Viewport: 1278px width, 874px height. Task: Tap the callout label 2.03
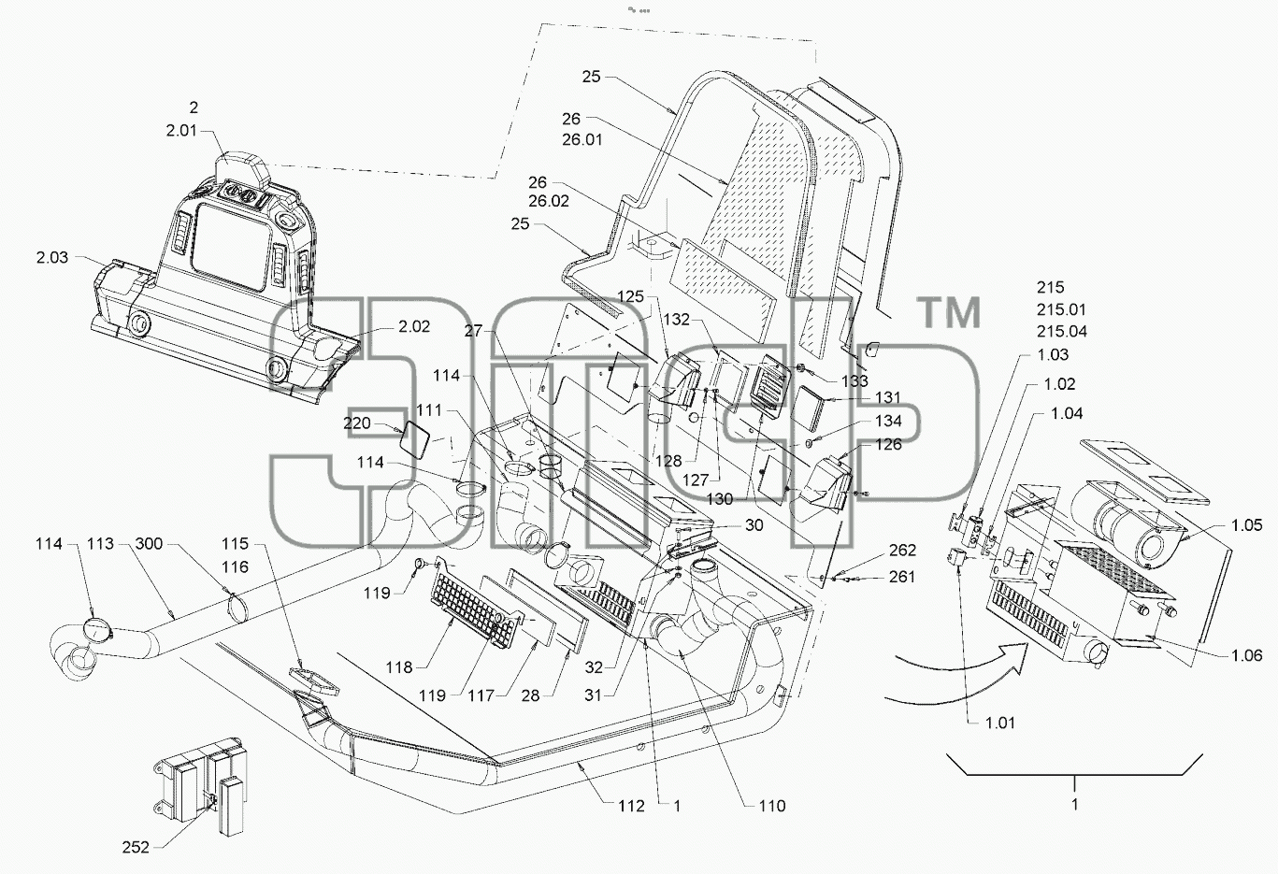tap(52, 257)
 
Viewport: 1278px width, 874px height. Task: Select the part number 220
tap(356, 423)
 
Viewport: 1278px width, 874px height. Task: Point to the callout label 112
tap(632, 806)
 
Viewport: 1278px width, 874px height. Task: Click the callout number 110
tap(772, 806)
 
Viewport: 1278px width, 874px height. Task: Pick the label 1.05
tap(1246, 524)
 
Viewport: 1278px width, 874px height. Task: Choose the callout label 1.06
tap(1246, 655)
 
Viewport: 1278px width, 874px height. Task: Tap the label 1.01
tap(1000, 723)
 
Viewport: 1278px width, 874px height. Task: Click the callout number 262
tap(902, 550)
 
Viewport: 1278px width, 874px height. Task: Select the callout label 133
tap(854, 380)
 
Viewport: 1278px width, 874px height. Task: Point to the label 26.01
tap(582, 140)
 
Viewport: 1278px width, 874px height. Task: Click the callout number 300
tap(149, 544)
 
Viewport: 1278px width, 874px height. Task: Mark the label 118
tap(399, 666)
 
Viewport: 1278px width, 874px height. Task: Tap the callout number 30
tap(754, 525)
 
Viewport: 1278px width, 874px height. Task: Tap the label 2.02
tap(414, 326)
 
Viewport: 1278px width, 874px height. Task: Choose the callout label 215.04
tap(1062, 332)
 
